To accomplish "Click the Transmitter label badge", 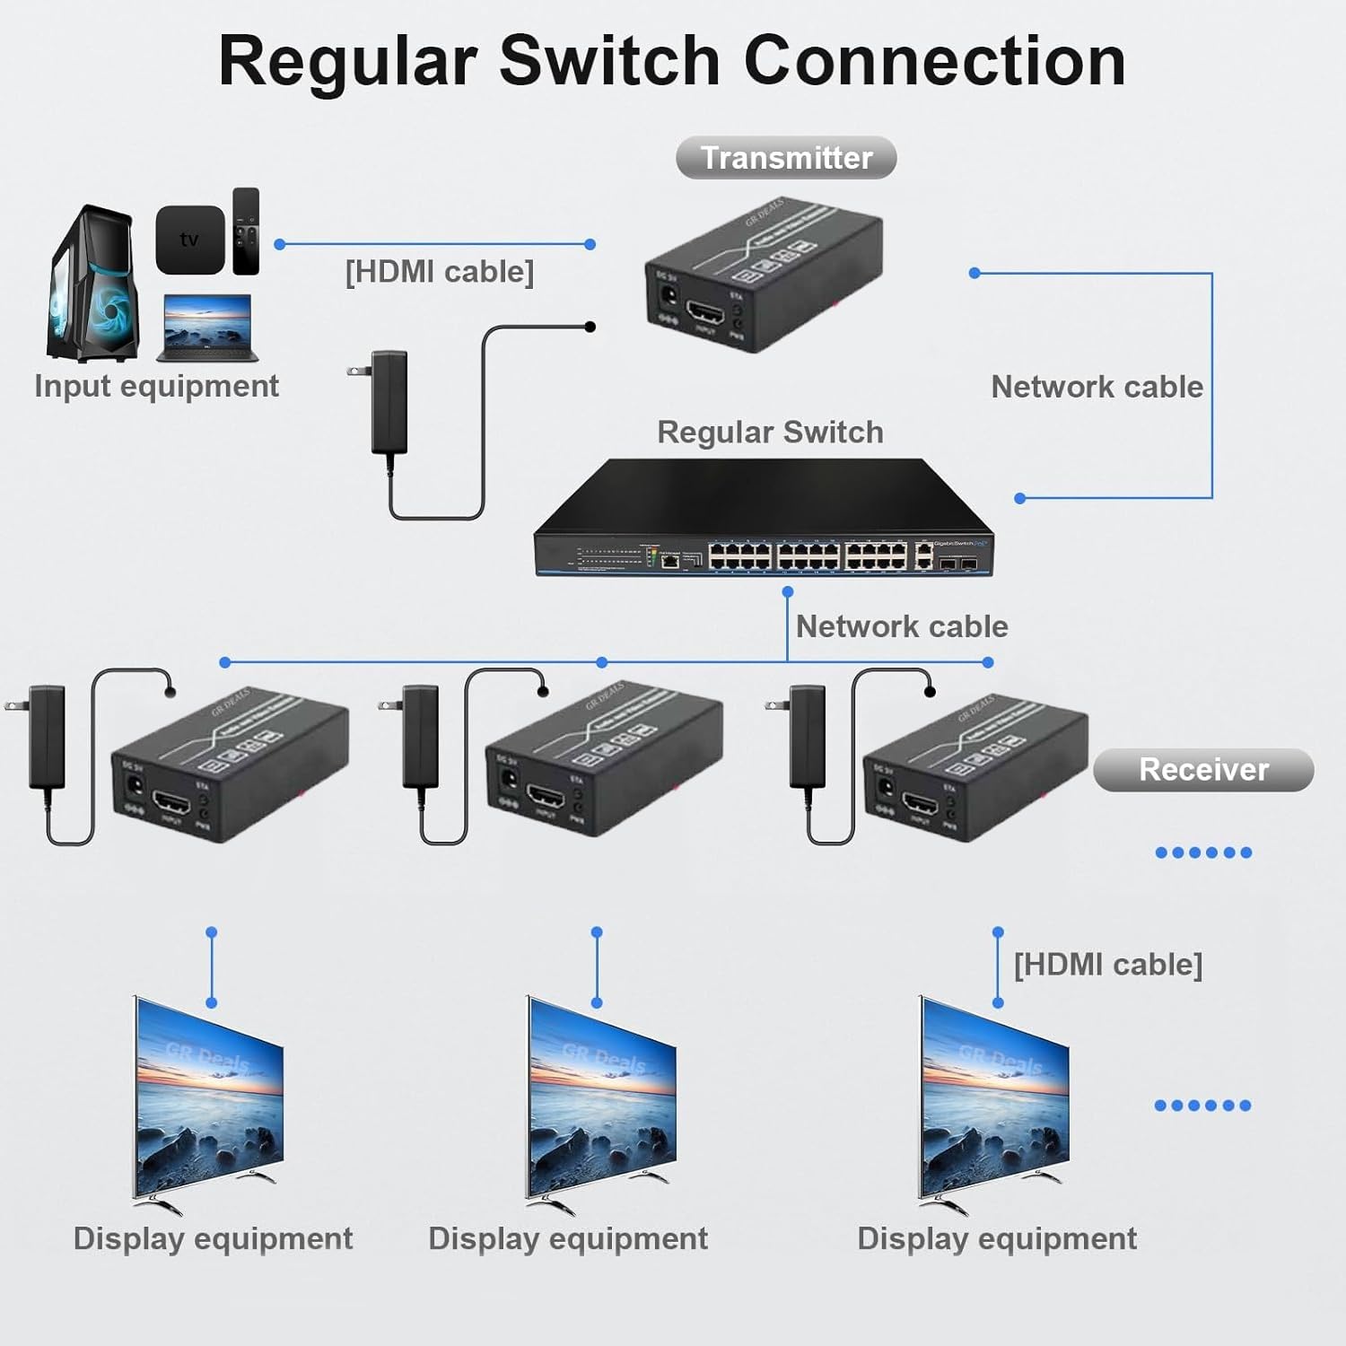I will click(x=786, y=158).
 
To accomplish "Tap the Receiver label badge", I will click(x=1203, y=770).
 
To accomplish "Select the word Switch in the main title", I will click(x=609, y=61).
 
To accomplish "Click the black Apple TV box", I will click(x=190, y=240).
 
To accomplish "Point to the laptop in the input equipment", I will click(x=208, y=328).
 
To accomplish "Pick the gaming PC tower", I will click(x=93, y=285).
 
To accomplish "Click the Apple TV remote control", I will click(x=246, y=232).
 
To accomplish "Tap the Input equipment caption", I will click(x=156, y=386).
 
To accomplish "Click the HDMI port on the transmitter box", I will click(x=705, y=315).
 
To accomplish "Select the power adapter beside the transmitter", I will click(x=390, y=401).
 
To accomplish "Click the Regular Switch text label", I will click(x=770, y=433).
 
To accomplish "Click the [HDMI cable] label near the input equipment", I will click(x=440, y=272).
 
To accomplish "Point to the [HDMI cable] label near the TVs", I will click(x=1107, y=965).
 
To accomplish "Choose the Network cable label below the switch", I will click(x=902, y=626).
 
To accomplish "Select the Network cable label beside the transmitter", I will click(x=1097, y=387).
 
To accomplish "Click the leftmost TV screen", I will click(x=208, y=1103).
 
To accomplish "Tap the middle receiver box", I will click(x=603, y=763).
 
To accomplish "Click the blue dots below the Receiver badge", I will click(x=1203, y=852).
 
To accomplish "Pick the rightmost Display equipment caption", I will click(x=996, y=1239).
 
